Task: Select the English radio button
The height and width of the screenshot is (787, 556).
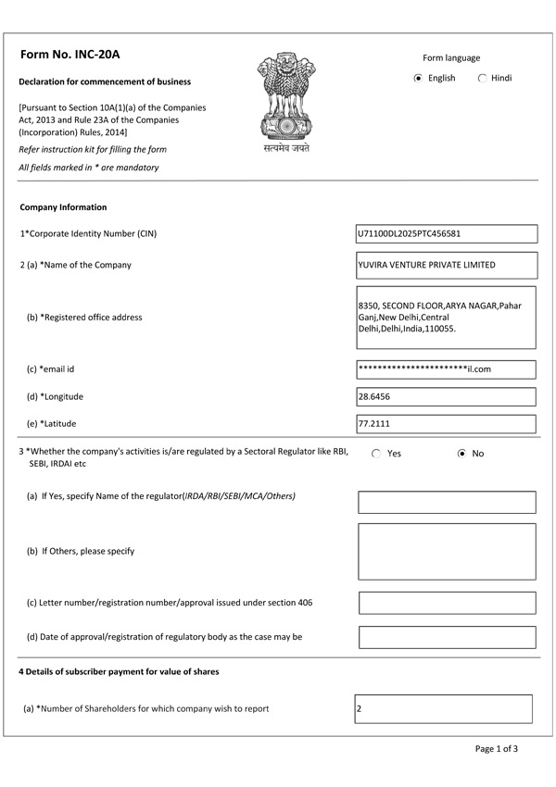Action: [x=418, y=79]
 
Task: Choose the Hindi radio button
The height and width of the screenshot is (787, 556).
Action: [x=482, y=79]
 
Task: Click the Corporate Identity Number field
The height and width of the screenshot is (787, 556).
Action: [x=446, y=234]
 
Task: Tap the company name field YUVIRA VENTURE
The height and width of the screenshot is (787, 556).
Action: [x=446, y=265]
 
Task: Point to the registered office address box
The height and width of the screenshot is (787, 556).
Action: [x=446, y=318]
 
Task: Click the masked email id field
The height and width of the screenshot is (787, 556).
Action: [x=446, y=369]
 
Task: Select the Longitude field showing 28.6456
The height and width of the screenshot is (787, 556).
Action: [x=446, y=396]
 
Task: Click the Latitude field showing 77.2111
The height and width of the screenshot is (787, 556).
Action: [x=446, y=424]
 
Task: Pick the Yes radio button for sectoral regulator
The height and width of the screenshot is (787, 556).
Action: [x=376, y=454]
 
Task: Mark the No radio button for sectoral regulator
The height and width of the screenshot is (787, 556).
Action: [x=461, y=454]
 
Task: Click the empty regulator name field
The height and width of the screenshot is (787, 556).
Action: [x=447, y=502]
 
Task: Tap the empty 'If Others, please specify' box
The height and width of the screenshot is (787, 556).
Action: [x=447, y=551]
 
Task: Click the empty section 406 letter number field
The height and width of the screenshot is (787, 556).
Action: [x=447, y=603]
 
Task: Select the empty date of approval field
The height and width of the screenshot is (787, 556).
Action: [x=447, y=637]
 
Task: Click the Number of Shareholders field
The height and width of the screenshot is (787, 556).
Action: [x=443, y=708]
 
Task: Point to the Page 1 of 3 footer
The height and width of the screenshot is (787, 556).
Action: [x=496, y=748]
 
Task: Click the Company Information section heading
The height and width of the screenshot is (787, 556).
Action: [x=63, y=207]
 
